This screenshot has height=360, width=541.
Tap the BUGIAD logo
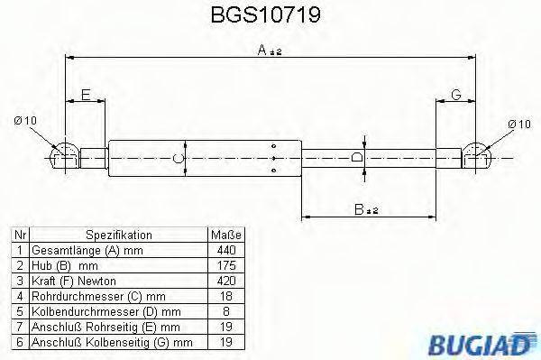pyautogui.click(x=491, y=343)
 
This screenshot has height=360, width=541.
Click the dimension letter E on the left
pyautogui.click(x=86, y=94)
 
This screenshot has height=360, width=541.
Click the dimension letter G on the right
pyautogui.click(x=456, y=94)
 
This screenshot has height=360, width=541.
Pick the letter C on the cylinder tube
pyautogui.click(x=179, y=159)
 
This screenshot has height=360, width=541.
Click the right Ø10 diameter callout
pyautogui.click(x=518, y=123)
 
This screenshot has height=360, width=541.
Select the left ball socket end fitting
pyautogui.click(x=63, y=156)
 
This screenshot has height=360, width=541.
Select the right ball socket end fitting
pyautogui.click(x=477, y=156)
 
